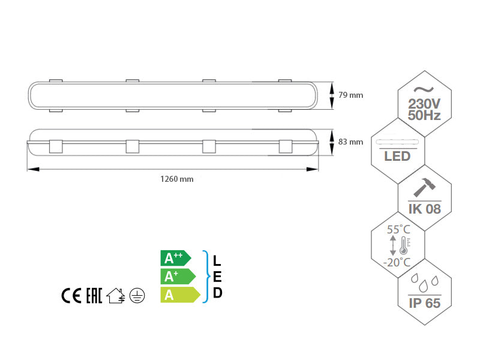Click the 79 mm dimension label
click(351, 95)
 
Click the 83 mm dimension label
click(351, 142)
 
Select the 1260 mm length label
click(176, 179)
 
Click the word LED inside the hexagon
click(397, 157)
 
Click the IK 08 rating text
click(425, 209)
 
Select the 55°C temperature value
click(398, 230)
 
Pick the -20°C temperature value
click(397, 262)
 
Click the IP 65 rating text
click(424, 302)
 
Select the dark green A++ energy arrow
click(175, 259)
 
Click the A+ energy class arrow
click(178, 277)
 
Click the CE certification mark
click(71, 296)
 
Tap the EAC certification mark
click(93, 296)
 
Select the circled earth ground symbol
click(137, 296)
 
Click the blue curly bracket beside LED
click(205, 277)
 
